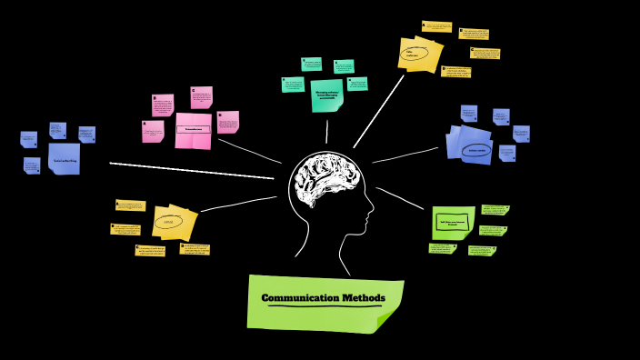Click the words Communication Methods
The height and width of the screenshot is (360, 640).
323,298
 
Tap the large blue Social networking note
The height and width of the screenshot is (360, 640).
64,158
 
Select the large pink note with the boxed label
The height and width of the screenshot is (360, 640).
193,130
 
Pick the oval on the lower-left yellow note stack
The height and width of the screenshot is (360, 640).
168,221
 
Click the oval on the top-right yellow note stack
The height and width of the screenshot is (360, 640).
417,53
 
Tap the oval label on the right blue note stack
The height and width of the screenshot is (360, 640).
476,150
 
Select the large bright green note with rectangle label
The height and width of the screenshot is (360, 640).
453,222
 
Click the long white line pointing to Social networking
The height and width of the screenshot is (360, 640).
191,171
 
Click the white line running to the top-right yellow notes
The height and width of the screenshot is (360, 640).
379,110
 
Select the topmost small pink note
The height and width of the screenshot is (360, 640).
201,97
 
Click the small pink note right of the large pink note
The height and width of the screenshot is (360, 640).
227,122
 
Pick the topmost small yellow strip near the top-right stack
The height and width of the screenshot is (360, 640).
436,26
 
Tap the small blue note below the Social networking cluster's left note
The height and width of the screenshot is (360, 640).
32,165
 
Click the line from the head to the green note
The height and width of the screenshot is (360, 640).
400,198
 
